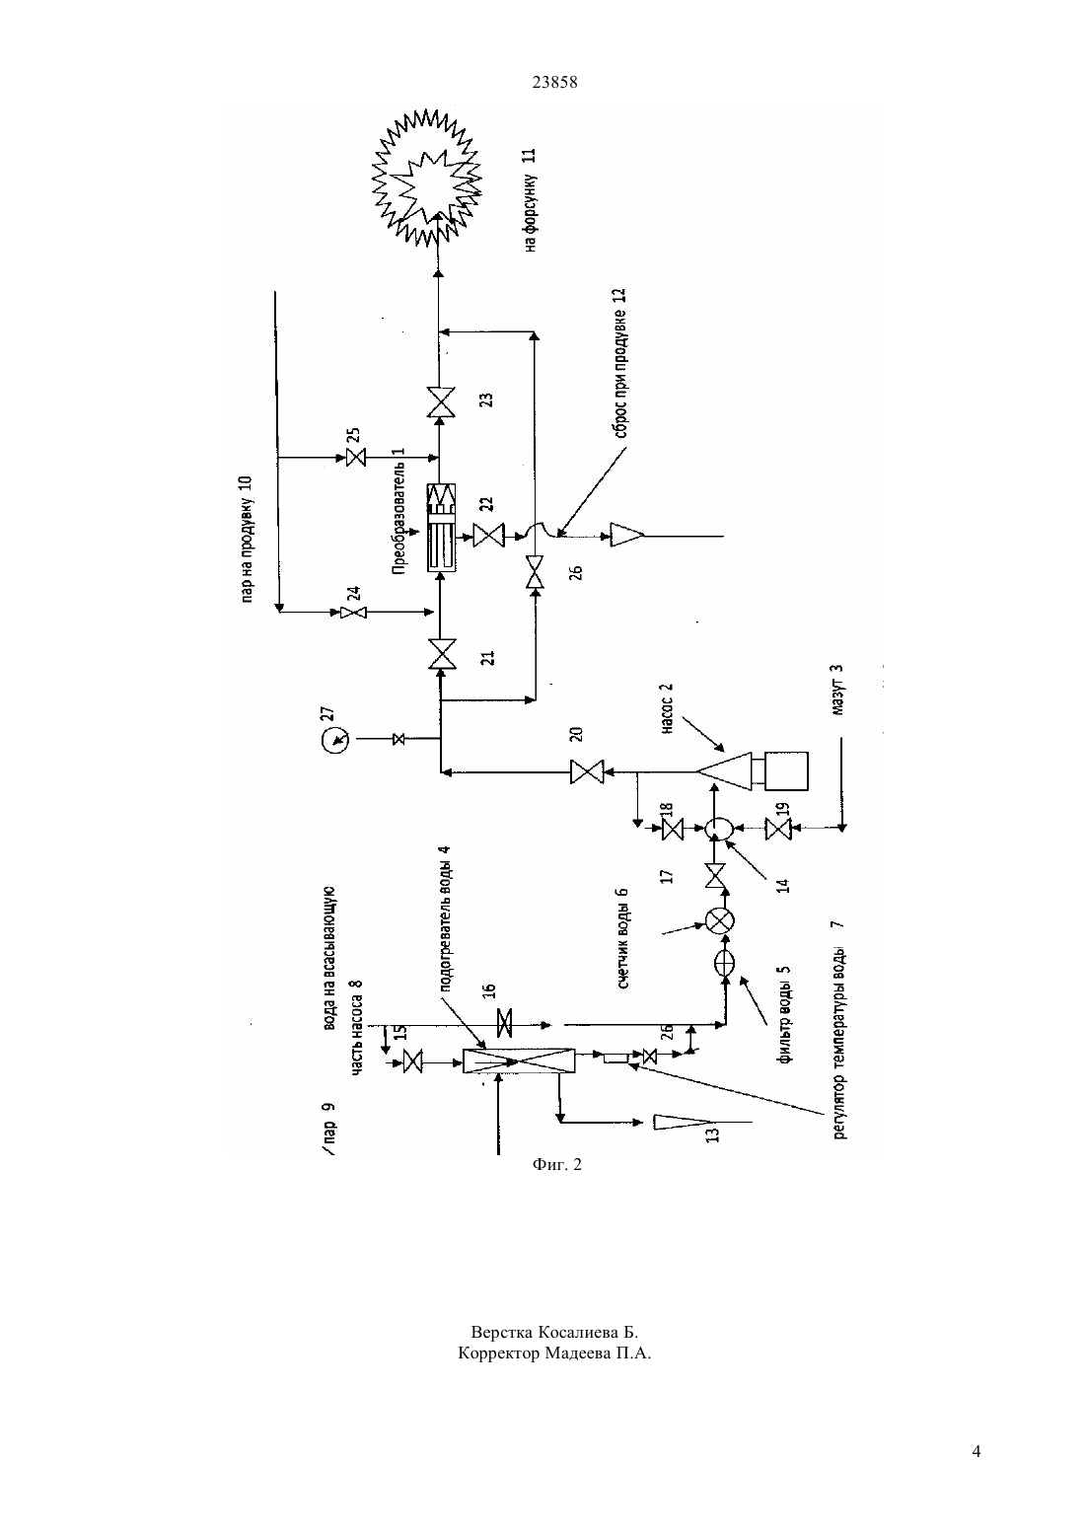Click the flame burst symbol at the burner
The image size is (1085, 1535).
(426, 177)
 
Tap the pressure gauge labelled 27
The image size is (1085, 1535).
(335, 739)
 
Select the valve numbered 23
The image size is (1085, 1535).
(441, 402)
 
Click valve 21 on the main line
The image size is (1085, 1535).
(441, 654)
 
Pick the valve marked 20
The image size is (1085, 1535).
(587, 772)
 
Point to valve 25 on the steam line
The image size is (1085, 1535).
(355, 457)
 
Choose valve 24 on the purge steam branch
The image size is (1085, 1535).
(353, 612)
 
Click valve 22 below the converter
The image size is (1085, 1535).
(489, 536)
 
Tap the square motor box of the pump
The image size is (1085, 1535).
(786, 770)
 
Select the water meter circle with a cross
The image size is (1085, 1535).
(720, 921)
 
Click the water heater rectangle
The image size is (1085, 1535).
(519, 1060)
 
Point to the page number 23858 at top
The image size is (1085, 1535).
(554, 82)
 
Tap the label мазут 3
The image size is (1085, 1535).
(837, 690)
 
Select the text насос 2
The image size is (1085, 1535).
(668, 708)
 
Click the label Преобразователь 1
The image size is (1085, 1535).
(398, 511)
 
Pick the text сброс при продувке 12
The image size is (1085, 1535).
(619, 363)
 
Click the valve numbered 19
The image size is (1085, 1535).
(778, 830)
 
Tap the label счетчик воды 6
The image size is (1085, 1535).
(623, 938)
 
